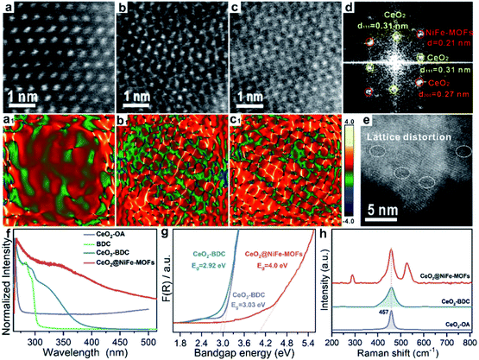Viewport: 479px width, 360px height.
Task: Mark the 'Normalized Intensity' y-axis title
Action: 7,281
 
